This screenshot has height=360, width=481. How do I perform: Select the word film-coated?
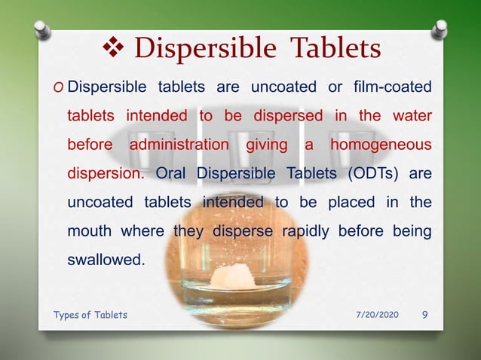[x=392, y=87]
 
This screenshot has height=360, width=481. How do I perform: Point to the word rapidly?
[x=304, y=230]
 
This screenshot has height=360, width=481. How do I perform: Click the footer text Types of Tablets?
[x=90, y=315]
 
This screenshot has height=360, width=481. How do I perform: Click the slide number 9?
[x=425, y=314]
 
